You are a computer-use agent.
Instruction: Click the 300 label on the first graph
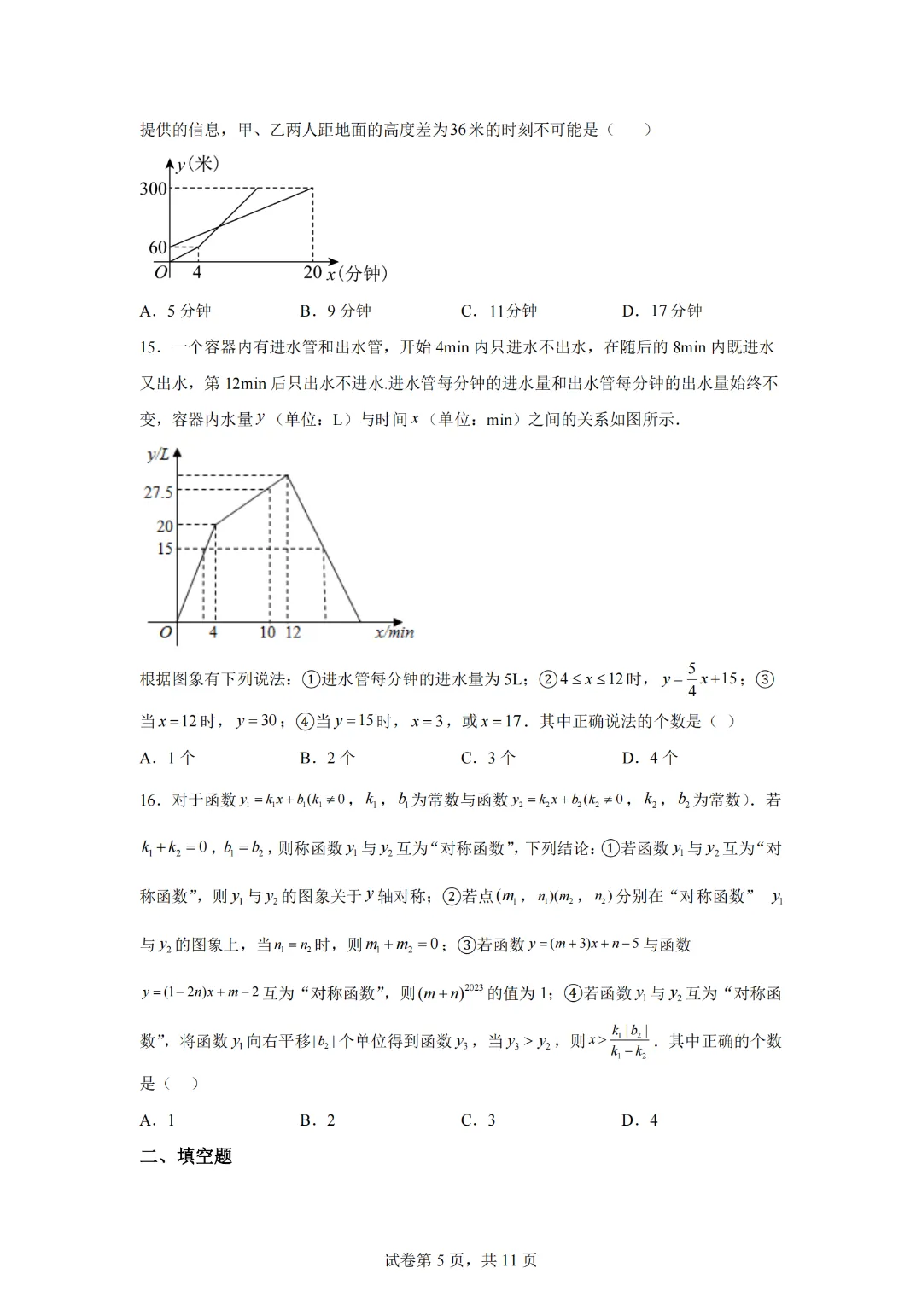coord(154,189)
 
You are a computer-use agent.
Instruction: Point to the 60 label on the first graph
coord(158,247)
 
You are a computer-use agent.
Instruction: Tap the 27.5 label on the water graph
coord(158,492)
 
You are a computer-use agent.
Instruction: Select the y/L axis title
coord(158,455)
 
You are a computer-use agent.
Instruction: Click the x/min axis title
coord(394,632)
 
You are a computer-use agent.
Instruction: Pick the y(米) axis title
coord(198,164)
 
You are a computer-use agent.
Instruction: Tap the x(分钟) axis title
coord(358,273)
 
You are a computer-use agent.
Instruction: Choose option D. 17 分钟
coord(662,311)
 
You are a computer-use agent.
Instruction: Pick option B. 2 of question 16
coord(318,1120)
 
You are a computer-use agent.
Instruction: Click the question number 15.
coord(149,347)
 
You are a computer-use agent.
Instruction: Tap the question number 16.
coord(149,800)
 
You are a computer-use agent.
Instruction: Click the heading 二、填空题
coord(186,1156)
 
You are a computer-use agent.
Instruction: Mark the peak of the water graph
coord(287,475)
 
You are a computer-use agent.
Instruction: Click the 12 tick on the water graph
coord(293,632)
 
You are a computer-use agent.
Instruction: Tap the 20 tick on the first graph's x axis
coord(312,272)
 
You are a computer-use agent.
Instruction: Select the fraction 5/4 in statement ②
coord(691,679)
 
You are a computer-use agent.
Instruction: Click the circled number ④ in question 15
coord(305,721)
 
